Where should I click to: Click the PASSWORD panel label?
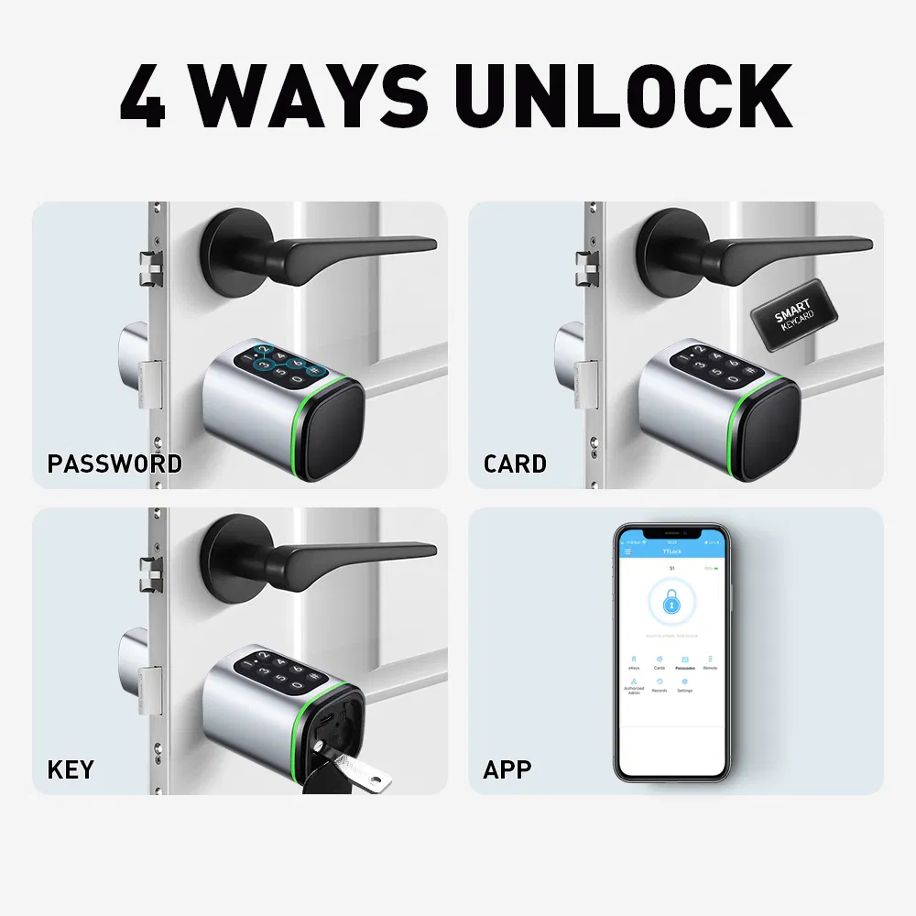114,463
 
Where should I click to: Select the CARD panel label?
515,463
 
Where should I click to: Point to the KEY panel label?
71,769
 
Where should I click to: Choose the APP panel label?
507,769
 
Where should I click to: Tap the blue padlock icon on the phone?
672,602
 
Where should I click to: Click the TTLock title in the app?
672,551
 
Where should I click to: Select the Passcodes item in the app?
684,662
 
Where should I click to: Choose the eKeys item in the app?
634,662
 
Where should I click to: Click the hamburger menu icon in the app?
628,551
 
